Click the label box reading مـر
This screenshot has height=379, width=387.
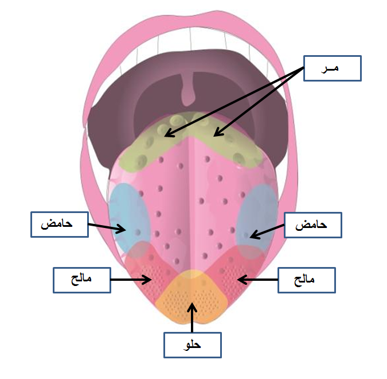(x=332, y=68)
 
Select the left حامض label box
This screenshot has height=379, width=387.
(x=59, y=223)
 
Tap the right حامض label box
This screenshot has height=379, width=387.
(x=312, y=225)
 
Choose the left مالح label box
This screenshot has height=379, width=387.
(x=81, y=280)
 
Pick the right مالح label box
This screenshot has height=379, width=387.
(x=306, y=280)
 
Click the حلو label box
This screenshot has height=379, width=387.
(x=192, y=345)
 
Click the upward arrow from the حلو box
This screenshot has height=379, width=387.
(x=192, y=316)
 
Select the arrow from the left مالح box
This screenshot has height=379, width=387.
(x=131, y=280)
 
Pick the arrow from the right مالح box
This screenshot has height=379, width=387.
(x=257, y=280)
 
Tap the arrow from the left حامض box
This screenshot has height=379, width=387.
(x=107, y=227)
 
